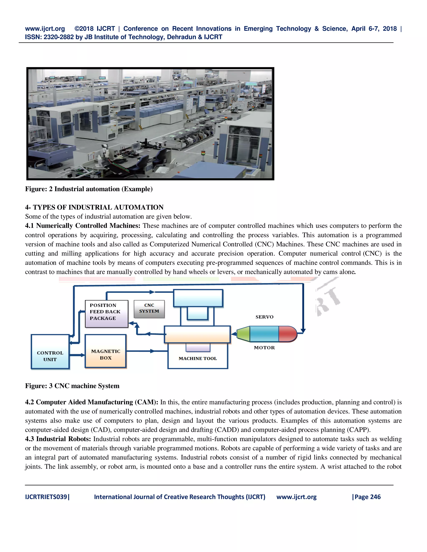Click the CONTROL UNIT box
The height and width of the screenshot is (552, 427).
point(50,352)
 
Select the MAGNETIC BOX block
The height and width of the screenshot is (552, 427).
point(105,351)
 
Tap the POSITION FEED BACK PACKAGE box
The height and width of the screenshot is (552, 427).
point(107,314)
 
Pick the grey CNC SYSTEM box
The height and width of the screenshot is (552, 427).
point(149,309)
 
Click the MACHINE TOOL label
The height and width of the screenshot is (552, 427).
point(198,358)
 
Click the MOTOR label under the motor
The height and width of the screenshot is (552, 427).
point(264,347)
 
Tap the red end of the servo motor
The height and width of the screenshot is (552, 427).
point(287,334)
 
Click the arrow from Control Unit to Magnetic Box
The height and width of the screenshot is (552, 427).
point(77,355)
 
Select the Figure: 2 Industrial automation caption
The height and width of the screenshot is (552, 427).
point(89,189)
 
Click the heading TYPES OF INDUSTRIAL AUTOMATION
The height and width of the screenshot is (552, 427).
point(98,207)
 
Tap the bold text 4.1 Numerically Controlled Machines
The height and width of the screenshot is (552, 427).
point(83,226)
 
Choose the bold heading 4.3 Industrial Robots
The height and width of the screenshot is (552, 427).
point(58,439)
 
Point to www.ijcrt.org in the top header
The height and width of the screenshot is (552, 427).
point(45,29)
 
